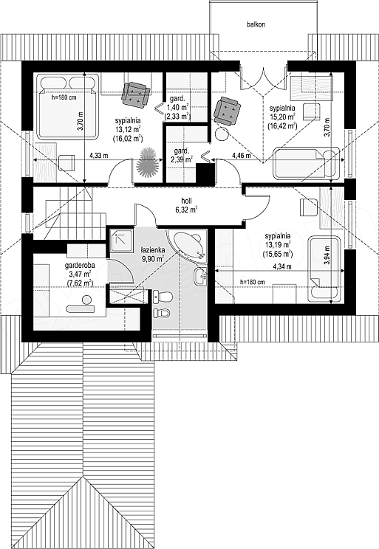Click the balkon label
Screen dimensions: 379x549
(256, 24)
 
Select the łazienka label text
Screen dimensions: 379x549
(152, 250)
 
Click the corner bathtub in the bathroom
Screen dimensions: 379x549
(188, 244)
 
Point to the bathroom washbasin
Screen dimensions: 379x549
(200, 277)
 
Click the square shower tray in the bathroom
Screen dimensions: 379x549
(122, 241)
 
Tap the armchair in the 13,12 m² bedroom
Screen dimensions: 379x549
(136, 93)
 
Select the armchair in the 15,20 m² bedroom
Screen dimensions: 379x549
(227, 110)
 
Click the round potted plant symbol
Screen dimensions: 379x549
(147, 162)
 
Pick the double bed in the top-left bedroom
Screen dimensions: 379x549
(66, 106)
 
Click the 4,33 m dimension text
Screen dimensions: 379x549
(98, 156)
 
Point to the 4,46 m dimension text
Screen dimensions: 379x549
(241, 156)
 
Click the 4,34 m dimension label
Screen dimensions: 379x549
(282, 266)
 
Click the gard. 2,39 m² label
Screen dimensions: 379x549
(182, 156)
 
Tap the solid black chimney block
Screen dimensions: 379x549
(205, 174)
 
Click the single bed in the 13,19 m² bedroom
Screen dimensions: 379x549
(324, 269)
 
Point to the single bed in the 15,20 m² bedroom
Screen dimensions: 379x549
(306, 163)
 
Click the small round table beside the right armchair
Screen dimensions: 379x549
(221, 134)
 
